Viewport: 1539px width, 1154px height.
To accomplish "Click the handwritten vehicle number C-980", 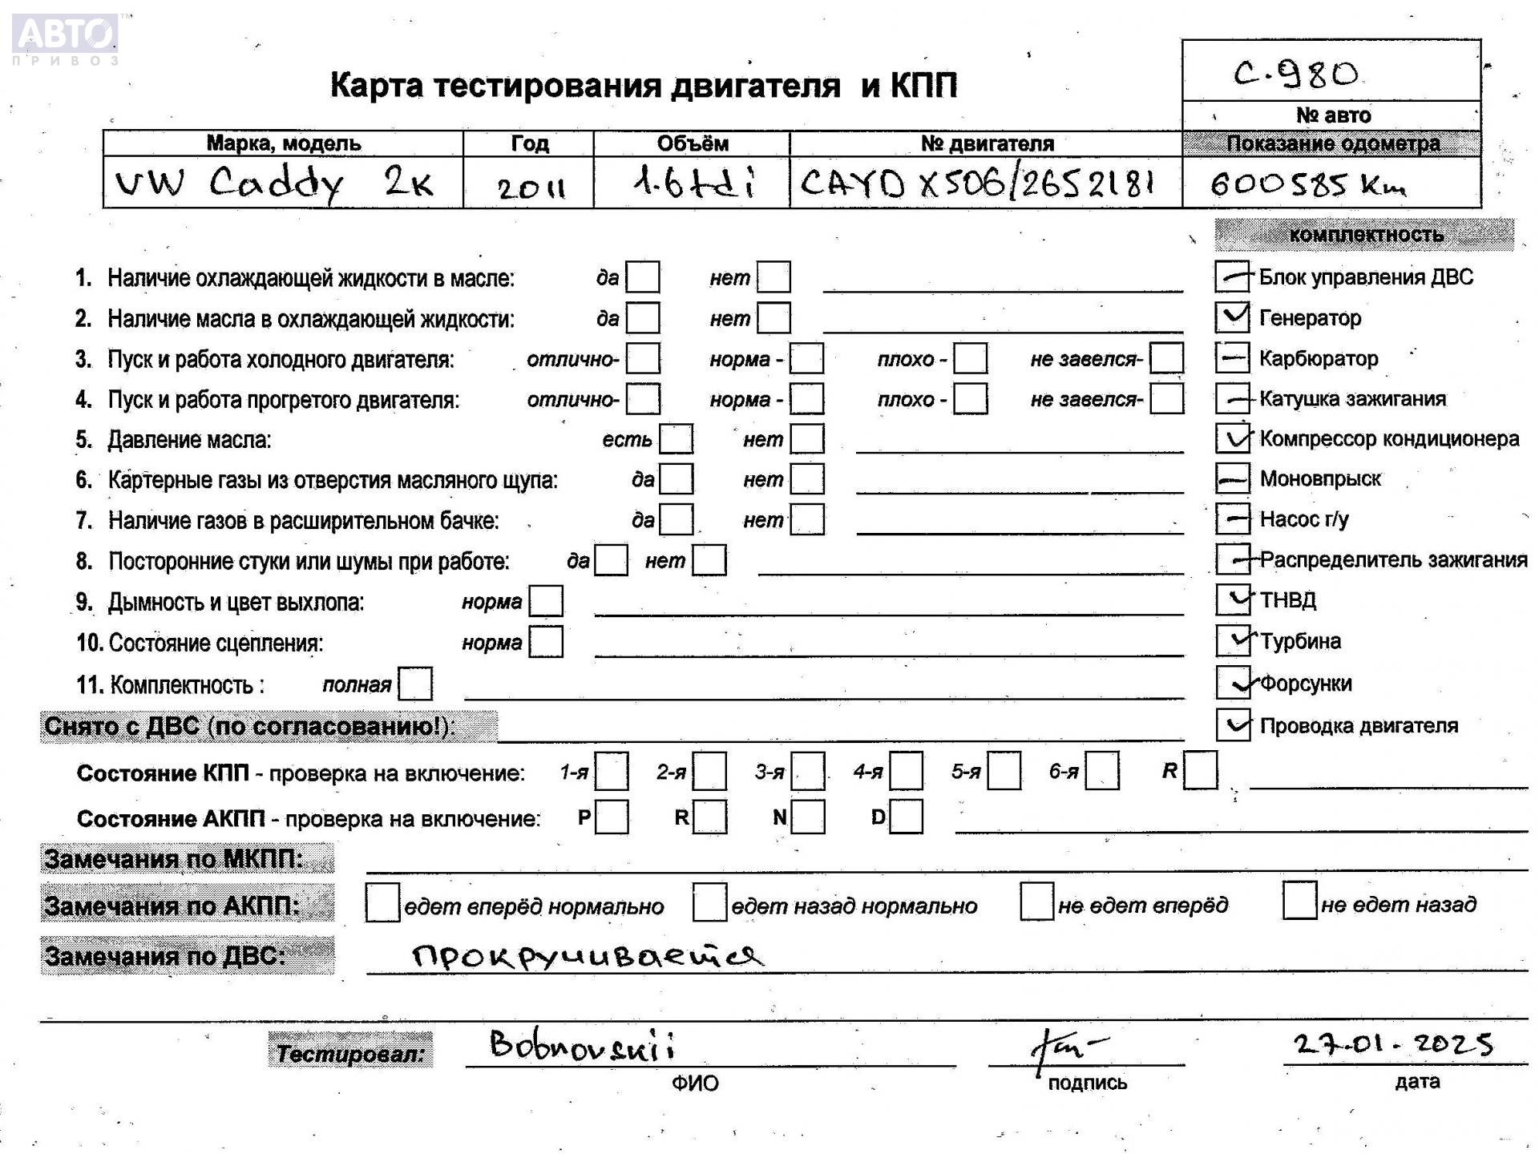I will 1295,75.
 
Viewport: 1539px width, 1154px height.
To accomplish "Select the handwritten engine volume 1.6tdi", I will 693,184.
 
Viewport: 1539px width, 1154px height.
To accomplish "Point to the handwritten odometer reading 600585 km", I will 1307,185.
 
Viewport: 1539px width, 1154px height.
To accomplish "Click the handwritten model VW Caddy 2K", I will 274,184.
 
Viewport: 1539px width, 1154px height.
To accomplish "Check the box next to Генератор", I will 1232,317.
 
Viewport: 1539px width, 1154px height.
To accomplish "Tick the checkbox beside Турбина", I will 1232,640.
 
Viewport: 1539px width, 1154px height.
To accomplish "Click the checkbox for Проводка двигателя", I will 1232,724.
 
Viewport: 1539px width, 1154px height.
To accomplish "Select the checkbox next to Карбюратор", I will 1232,357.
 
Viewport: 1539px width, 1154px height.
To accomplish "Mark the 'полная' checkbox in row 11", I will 415,684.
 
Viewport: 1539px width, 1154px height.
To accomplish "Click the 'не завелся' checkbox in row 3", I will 1166,357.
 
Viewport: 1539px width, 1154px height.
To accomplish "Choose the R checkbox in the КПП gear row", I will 1200,770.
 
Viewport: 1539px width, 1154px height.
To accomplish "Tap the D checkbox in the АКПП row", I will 906,817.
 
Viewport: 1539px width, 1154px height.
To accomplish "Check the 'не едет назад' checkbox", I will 1299,901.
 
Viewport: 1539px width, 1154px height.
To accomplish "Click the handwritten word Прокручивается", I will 588,954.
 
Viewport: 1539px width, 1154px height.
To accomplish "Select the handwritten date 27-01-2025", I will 1393,1043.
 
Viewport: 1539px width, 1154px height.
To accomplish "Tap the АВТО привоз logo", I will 66,38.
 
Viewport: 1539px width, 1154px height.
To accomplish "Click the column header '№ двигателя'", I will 986,143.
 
